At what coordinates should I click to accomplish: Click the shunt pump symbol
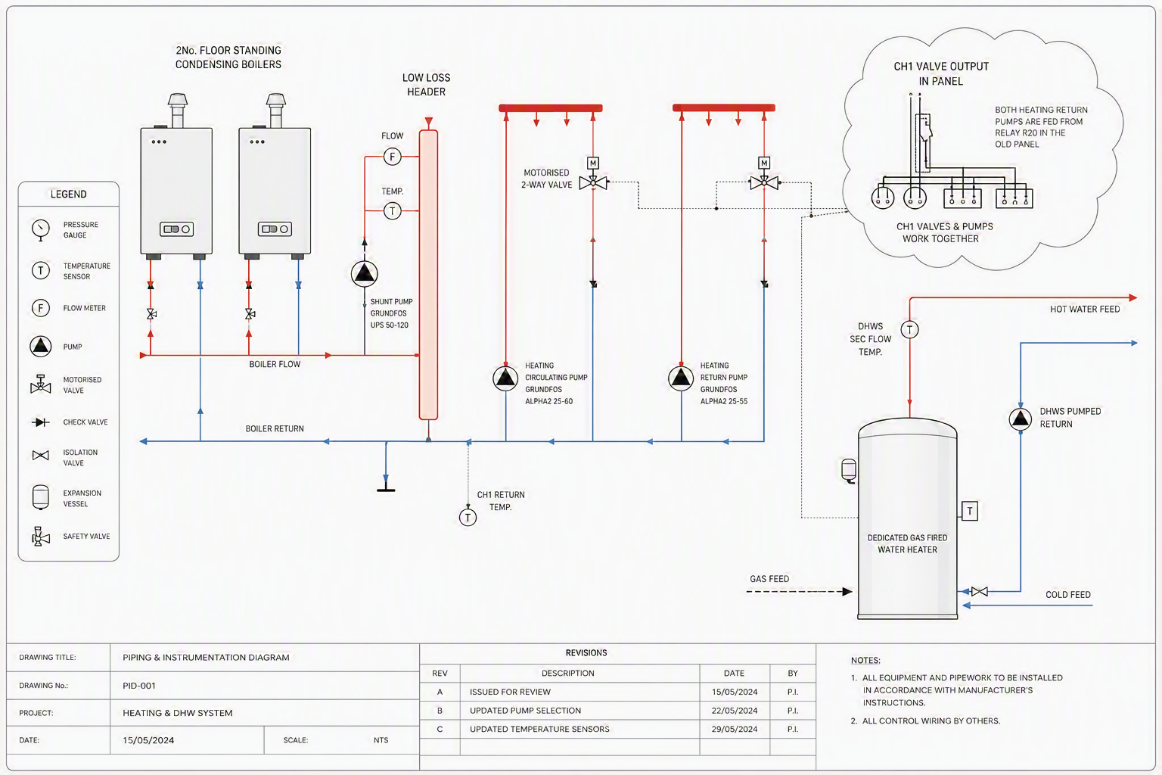(x=364, y=273)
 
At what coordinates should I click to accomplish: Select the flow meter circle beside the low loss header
(x=392, y=156)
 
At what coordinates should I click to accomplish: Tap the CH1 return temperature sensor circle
(x=468, y=517)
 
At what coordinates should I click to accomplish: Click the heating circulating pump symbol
(x=505, y=378)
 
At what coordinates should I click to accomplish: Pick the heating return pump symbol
(x=681, y=378)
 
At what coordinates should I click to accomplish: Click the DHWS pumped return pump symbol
(x=1021, y=419)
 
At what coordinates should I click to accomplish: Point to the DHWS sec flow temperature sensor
(x=909, y=329)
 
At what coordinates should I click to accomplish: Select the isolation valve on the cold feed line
(x=980, y=591)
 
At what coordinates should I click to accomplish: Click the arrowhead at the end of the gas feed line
(x=847, y=592)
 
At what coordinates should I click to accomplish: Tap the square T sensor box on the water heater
(x=970, y=511)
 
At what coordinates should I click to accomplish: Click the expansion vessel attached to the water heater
(x=849, y=471)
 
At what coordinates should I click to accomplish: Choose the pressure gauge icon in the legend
(x=40, y=229)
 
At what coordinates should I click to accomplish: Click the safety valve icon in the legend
(x=40, y=537)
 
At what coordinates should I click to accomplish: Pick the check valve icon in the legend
(x=40, y=422)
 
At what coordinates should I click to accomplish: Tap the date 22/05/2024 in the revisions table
(x=734, y=711)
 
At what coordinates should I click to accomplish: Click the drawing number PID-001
(x=139, y=686)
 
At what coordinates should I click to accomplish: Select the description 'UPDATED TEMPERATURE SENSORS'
(x=539, y=729)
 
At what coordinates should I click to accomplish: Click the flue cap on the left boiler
(x=178, y=100)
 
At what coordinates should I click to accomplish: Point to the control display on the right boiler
(x=275, y=229)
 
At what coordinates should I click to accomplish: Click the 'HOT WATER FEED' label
(x=1085, y=310)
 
